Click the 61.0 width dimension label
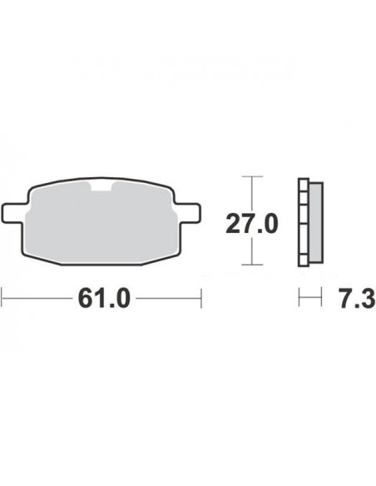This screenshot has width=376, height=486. pyautogui.click(x=104, y=298)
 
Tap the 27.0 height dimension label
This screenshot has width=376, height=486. pyautogui.click(x=252, y=224)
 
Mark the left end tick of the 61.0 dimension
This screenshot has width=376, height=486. pyautogui.click(x=2, y=298)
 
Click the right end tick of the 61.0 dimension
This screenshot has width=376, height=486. pyautogui.click(x=201, y=298)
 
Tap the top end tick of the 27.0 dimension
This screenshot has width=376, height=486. pyautogui.click(x=252, y=176)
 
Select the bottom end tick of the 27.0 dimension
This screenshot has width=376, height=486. pyautogui.click(x=252, y=265)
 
